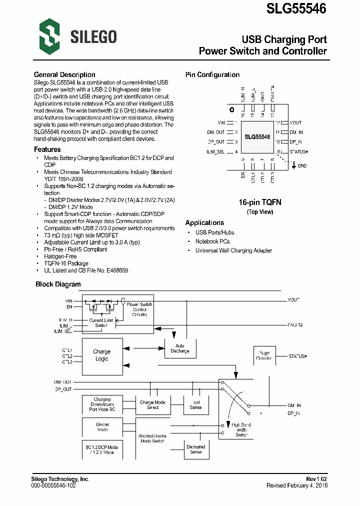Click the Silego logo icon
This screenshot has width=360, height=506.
coord(49,36)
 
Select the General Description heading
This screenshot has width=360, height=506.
coord(64,75)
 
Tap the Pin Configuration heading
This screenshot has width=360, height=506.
coord(212,75)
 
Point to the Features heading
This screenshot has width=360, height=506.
coord(47,149)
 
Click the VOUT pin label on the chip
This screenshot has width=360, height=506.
coord(295,122)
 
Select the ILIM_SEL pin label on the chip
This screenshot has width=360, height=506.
coord(215,151)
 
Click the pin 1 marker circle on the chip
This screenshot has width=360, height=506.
coord(231,109)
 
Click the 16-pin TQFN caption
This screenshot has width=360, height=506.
coord(260,202)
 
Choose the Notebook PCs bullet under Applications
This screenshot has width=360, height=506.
coord(212,241)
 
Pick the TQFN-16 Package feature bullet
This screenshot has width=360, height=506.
coord(66,263)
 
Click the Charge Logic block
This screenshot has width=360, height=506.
coord(101,355)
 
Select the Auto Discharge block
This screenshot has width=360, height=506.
coord(180,348)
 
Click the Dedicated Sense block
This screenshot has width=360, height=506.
coord(196,449)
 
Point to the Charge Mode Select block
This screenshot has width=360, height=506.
coord(152,404)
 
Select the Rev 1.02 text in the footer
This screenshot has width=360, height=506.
coord(316,479)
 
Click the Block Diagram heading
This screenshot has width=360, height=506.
coord(58,284)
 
